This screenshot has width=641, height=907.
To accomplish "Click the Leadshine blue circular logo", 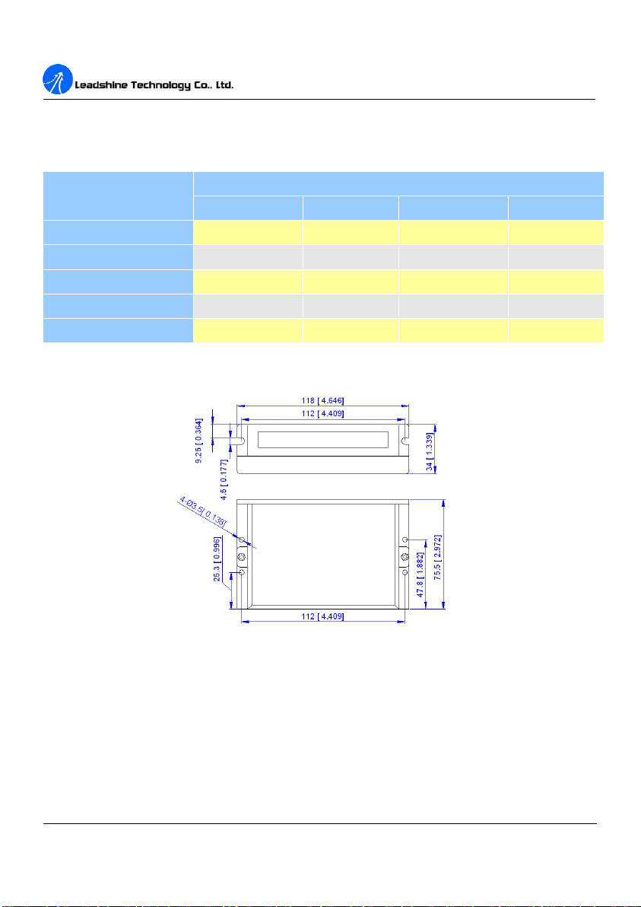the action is tap(57, 79).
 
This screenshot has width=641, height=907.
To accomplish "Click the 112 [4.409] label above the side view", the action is tap(323, 413).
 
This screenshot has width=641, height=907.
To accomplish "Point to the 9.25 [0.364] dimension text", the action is tap(199, 440).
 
